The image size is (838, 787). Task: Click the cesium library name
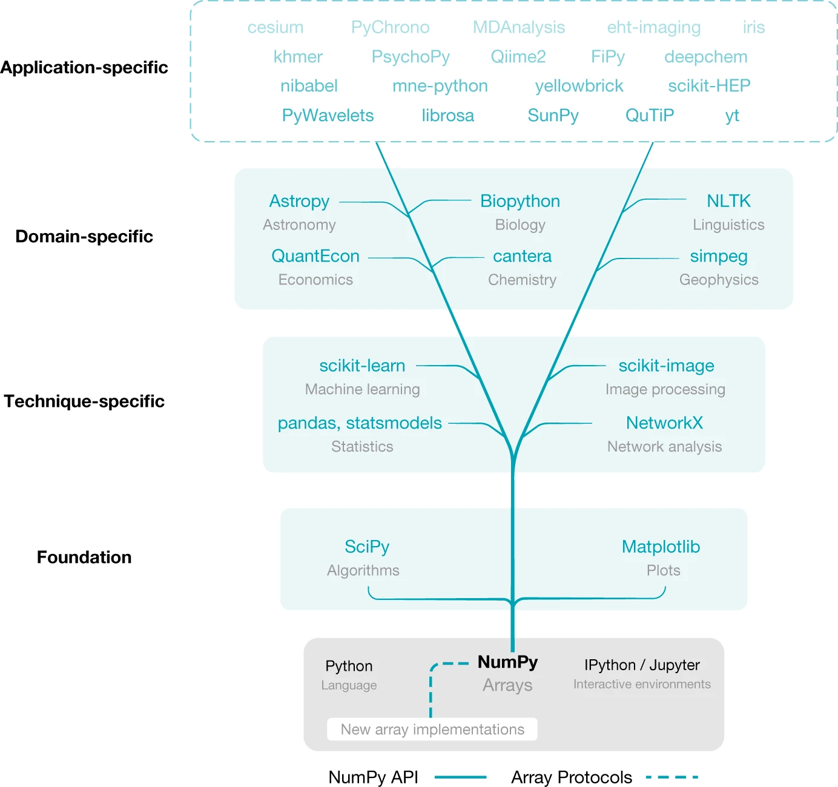(x=275, y=27)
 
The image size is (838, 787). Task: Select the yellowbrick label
(x=579, y=86)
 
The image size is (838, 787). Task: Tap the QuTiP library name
(x=649, y=115)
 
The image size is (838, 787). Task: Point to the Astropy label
(x=299, y=201)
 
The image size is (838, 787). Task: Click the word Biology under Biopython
(x=520, y=225)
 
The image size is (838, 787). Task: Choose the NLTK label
(x=728, y=201)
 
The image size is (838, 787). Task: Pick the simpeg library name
(x=719, y=256)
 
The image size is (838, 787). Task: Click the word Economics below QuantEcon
(x=315, y=280)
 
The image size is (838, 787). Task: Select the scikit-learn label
(x=362, y=366)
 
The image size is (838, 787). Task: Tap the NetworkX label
(x=664, y=423)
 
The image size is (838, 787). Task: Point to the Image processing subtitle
(x=665, y=389)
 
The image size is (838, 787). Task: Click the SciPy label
(x=367, y=547)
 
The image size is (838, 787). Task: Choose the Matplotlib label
(x=661, y=547)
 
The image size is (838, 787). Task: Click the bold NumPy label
(x=507, y=662)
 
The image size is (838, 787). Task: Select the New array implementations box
(x=432, y=729)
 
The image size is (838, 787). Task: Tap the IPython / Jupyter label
(x=642, y=665)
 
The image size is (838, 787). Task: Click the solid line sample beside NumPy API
(x=461, y=777)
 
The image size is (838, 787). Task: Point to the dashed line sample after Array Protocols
(x=672, y=777)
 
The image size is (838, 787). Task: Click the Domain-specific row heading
(x=84, y=236)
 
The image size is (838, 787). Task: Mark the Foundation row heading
(x=84, y=557)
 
